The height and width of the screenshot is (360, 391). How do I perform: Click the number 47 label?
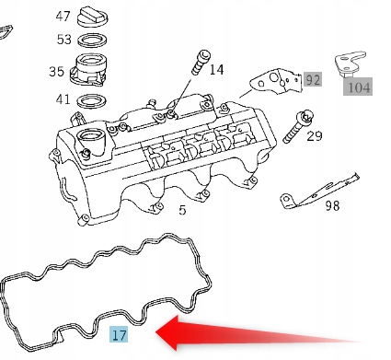pos(63,17)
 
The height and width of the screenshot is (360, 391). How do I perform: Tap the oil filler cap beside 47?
pos(95,17)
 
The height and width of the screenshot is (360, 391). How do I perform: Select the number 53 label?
pos(63,40)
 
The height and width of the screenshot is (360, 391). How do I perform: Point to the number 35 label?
pos(57,71)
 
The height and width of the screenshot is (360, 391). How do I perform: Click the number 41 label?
pos(63,99)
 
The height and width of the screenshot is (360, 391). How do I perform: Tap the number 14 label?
pos(215,69)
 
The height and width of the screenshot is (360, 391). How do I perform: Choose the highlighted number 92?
pos(313,80)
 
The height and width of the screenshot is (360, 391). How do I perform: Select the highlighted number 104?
pos(358,87)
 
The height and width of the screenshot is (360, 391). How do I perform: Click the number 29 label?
pos(315,136)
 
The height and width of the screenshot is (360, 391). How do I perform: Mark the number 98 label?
pos(332,204)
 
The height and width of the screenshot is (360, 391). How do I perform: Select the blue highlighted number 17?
pos(119,335)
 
